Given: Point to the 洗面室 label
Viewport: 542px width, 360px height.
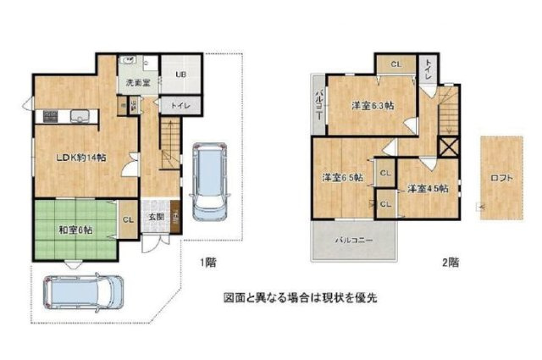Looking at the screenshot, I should (138, 84).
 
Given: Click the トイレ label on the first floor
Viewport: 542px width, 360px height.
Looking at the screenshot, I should (180, 106).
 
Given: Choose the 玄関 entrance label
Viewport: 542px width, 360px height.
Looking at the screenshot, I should (157, 217).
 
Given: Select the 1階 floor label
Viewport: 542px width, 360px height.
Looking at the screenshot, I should (207, 263).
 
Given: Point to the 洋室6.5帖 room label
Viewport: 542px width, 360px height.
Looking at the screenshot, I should (342, 178).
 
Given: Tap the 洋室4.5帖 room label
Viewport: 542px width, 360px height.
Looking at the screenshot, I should (421, 188).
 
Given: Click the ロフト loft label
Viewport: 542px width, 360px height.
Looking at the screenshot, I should (501, 178).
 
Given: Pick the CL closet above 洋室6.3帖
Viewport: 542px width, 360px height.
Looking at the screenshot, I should (396, 64).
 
